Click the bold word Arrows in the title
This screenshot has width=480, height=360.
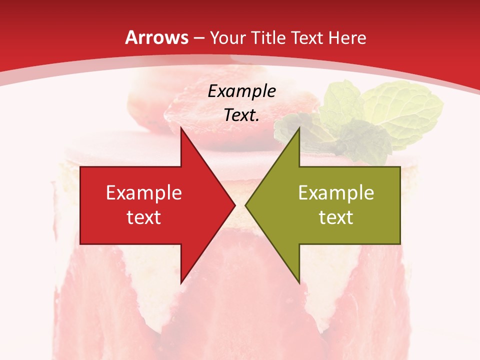(x=156, y=37)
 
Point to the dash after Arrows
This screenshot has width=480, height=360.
(x=198, y=38)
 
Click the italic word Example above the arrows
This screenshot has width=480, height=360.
(x=241, y=91)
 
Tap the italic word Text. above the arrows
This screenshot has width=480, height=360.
(x=241, y=115)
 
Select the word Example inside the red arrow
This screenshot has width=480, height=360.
(x=144, y=193)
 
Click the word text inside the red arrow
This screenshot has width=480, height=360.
(x=144, y=217)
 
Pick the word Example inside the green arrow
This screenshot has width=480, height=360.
(x=336, y=193)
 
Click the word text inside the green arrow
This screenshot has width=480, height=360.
(x=336, y=217)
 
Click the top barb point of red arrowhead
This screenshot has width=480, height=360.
(x=181, y=128)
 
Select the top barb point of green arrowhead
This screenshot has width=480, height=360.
(x=298, y=128)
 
